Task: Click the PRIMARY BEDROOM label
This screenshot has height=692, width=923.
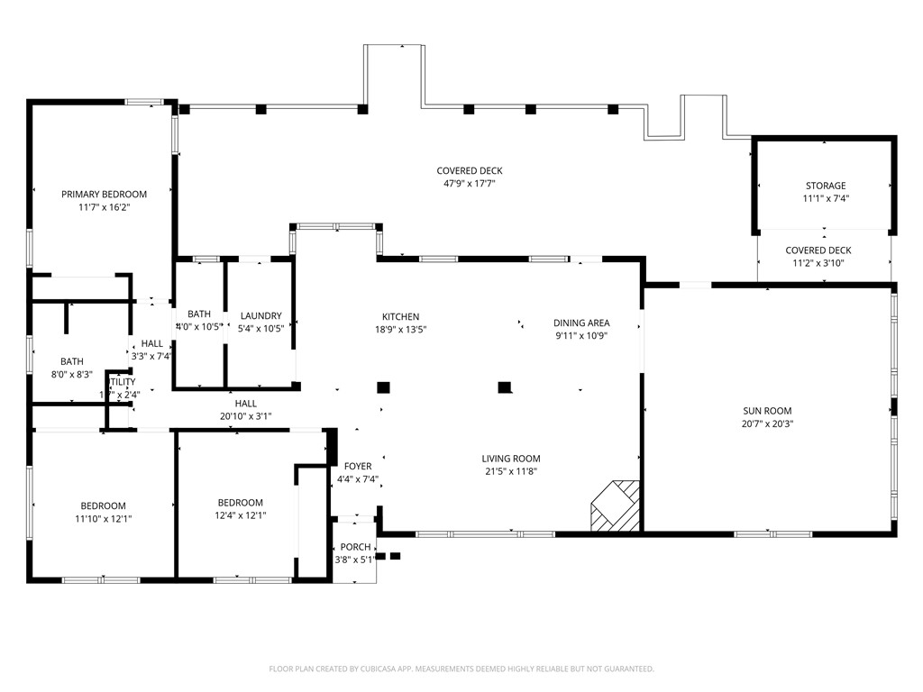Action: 104,194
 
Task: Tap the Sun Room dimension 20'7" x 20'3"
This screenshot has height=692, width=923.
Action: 767,423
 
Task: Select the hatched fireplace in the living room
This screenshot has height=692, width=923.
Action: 616,505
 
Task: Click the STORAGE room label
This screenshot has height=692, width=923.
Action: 826,186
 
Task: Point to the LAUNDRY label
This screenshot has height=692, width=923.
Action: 261,315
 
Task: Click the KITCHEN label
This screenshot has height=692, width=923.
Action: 400,317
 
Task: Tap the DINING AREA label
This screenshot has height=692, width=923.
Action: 581,323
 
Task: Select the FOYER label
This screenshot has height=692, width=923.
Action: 358,467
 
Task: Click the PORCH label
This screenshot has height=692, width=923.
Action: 355,547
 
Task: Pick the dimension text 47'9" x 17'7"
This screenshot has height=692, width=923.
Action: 469,183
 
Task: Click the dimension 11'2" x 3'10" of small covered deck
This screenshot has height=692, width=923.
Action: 818,263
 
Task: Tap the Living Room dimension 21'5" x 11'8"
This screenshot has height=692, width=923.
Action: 510,470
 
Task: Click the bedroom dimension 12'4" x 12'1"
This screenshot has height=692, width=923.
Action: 240,515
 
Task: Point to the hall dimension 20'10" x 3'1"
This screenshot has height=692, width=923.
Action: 245,416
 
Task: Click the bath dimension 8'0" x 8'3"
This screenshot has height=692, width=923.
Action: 72,374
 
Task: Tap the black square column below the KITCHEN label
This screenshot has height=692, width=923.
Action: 383,387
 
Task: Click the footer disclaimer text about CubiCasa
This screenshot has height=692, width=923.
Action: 461,669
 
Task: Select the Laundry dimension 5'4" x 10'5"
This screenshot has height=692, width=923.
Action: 261,328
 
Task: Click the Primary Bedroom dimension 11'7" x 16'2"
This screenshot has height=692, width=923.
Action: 104,206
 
